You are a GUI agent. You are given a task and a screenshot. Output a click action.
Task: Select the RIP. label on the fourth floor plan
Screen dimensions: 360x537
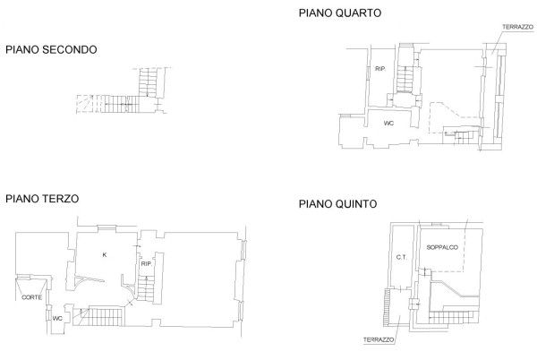click(379, 69)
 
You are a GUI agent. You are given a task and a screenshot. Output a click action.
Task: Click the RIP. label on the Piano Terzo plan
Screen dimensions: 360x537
click(146, 264)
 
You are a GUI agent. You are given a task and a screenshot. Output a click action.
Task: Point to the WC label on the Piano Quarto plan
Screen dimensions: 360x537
click(388, 122)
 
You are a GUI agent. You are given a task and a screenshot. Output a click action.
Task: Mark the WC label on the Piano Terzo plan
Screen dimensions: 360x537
click(56, 318)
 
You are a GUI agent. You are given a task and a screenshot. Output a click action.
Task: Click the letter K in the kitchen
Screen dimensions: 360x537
click(104, 255)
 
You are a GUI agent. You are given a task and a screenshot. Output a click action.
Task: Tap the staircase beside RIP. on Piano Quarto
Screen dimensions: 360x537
click(405, 81)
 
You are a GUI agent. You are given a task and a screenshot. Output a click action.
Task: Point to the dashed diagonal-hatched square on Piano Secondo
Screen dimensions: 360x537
click(83, 104)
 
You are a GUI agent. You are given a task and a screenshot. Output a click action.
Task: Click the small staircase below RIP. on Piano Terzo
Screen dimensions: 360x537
click(147, 288)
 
